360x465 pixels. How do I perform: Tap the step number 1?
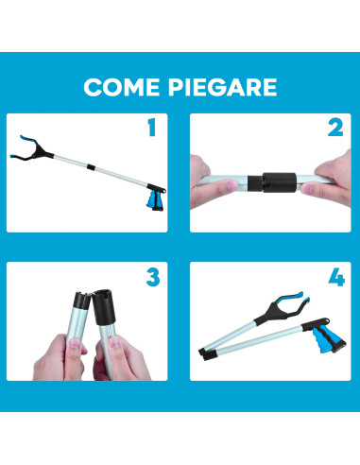coord(151,129)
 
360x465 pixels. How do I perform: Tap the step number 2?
coord(334,129)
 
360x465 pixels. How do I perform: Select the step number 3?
coord(151,278)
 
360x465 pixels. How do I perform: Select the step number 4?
coord(334,278)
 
